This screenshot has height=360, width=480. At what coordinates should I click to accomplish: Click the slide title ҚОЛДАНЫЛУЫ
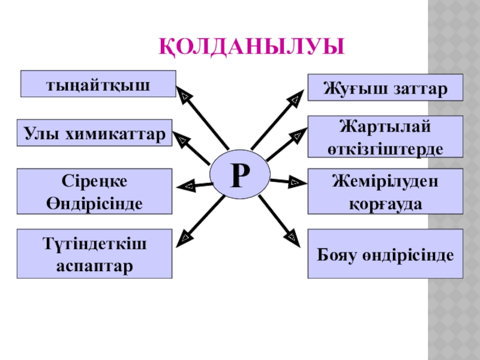252,47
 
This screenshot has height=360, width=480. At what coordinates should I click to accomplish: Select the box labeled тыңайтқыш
98,84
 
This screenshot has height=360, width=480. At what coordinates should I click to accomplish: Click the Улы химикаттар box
95,133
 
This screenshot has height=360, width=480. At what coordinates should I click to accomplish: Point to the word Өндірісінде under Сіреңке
95,203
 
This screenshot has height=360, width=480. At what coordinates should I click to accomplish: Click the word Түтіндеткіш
95,244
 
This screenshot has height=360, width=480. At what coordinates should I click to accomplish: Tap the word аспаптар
95,264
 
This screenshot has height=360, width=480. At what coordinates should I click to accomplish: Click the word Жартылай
385,127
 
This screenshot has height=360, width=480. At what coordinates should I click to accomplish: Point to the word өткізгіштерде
385,148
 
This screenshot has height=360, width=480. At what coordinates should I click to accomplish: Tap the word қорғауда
385,203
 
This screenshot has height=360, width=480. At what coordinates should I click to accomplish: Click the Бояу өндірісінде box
385,254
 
